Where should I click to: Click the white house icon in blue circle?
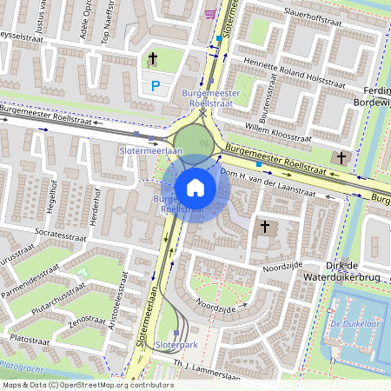[x=195, y=187]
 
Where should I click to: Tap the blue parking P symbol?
[x=156, y=85]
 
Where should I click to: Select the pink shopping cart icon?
[x=210, y=13]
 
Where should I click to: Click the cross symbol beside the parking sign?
[x=153, y=59]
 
